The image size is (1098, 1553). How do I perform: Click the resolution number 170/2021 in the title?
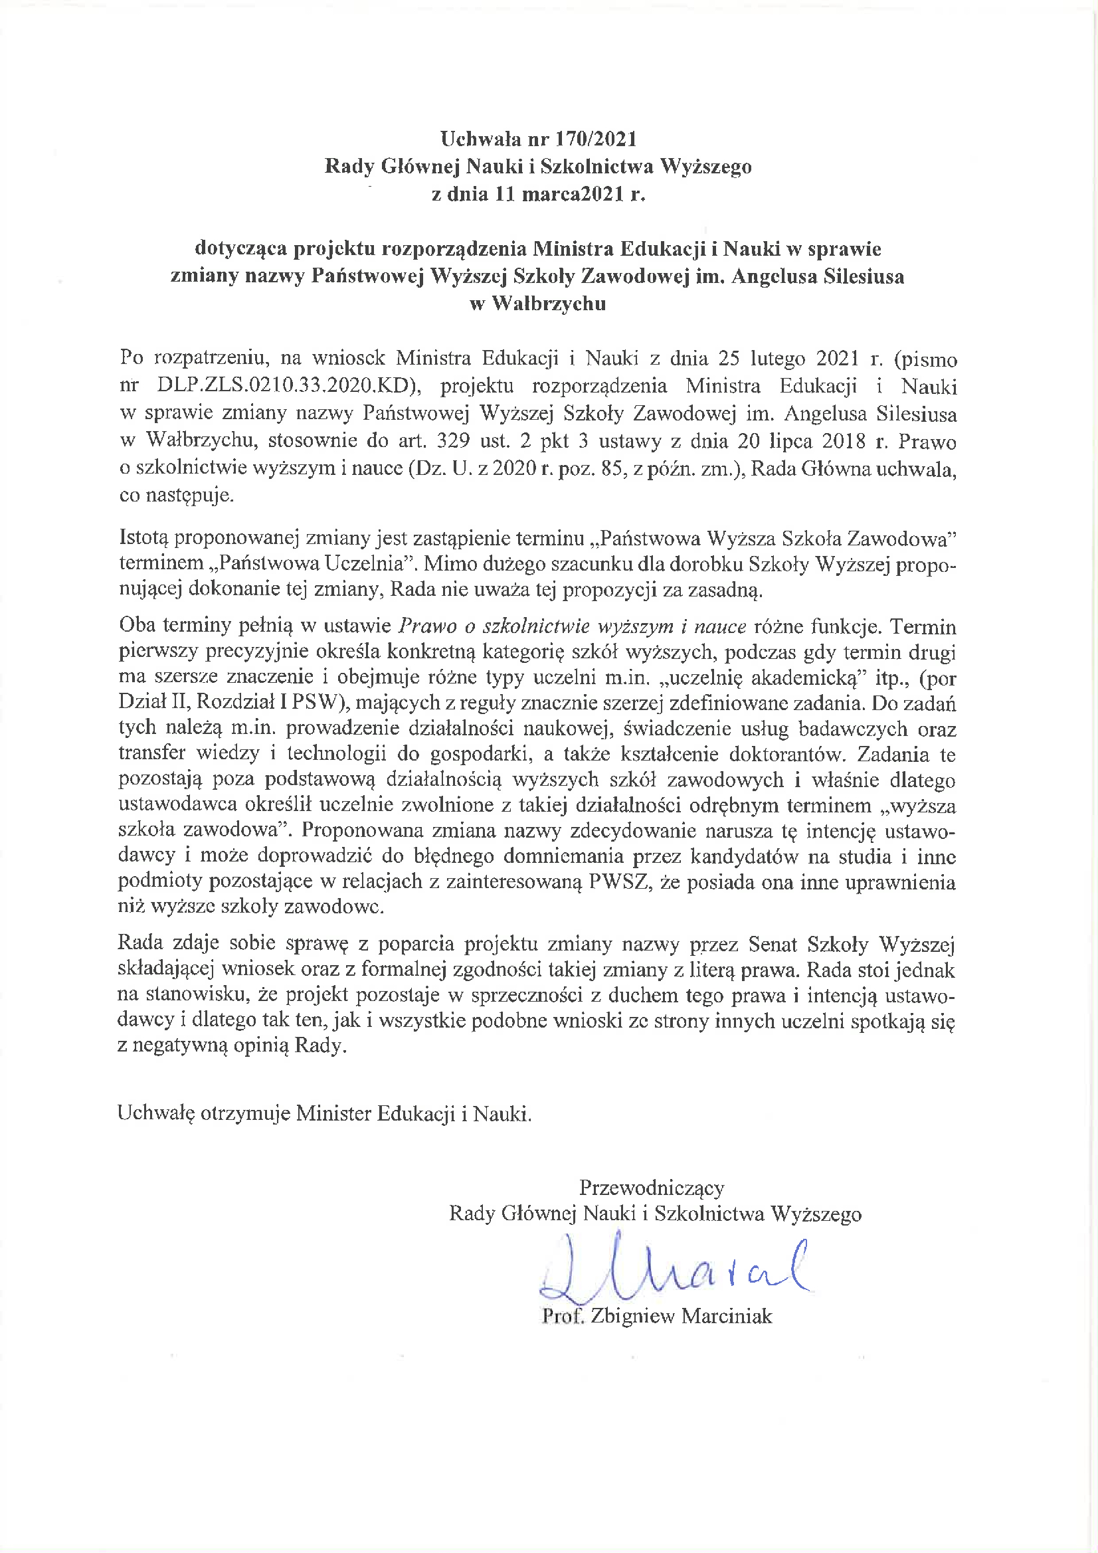coord(596,139)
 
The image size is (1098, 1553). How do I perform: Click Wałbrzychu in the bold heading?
coord(549,304)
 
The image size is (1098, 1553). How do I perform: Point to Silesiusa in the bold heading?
coord(864,276)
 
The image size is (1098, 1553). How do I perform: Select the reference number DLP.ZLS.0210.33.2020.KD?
coord(284,385)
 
